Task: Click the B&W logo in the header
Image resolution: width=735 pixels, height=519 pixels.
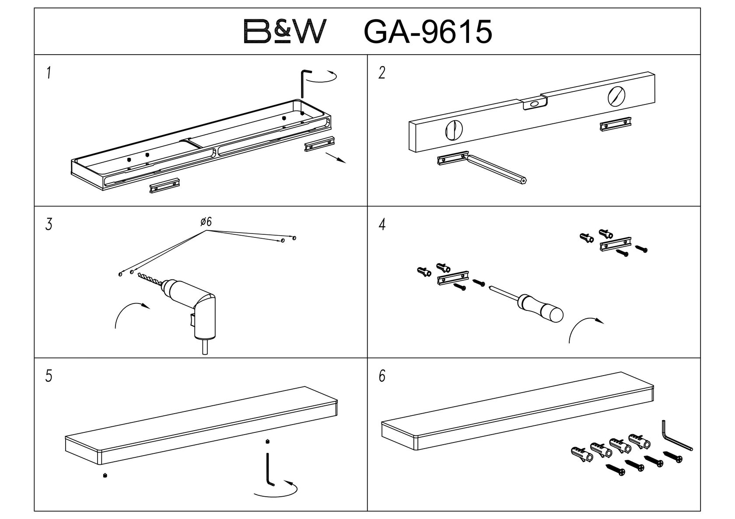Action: tap(285, 31)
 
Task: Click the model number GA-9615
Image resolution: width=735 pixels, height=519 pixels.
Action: tap(428, 32)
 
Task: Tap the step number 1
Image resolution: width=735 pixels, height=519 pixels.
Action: tap(49, 73)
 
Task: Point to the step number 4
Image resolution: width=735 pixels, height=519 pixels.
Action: tap(382, 225)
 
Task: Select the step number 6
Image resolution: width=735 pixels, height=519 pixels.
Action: tap(382, 376)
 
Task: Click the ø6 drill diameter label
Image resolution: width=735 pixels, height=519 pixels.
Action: tap(206, 222)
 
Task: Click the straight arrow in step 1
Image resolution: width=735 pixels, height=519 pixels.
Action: tap(336, 158)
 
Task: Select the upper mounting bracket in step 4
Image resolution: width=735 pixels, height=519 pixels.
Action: tap(615, 244)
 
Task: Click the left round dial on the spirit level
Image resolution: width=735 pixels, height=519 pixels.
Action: tap(454, 129)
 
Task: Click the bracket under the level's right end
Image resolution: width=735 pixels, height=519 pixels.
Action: tap(616, 124)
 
